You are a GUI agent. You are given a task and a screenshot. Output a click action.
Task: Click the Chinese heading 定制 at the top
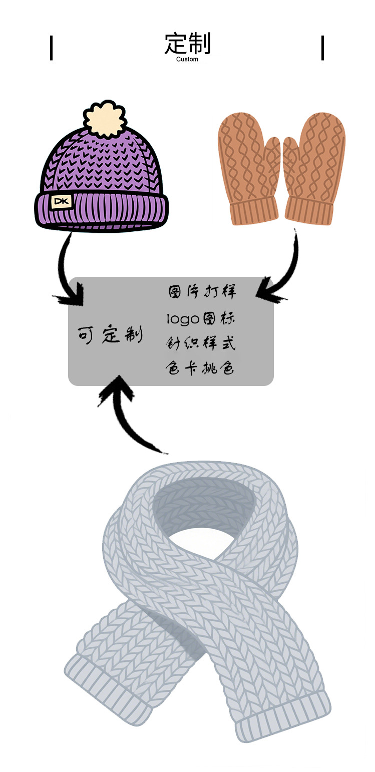187,44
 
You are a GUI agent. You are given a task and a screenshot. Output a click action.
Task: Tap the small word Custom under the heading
187,59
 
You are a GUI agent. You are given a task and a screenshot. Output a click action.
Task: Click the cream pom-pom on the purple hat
105,119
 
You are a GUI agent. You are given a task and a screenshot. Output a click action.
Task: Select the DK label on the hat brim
62,202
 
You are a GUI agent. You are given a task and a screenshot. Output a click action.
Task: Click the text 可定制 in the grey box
110,334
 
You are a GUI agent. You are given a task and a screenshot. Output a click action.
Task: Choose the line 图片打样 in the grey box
201,292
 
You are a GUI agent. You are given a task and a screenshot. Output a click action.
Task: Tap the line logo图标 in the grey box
200,318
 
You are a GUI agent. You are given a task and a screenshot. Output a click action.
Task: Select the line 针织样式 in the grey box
200,343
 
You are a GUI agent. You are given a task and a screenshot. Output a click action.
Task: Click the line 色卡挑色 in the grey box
200,369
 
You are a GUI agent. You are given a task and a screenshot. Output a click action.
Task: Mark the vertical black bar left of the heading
51,48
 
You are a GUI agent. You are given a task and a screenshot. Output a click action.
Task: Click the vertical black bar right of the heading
322,48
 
